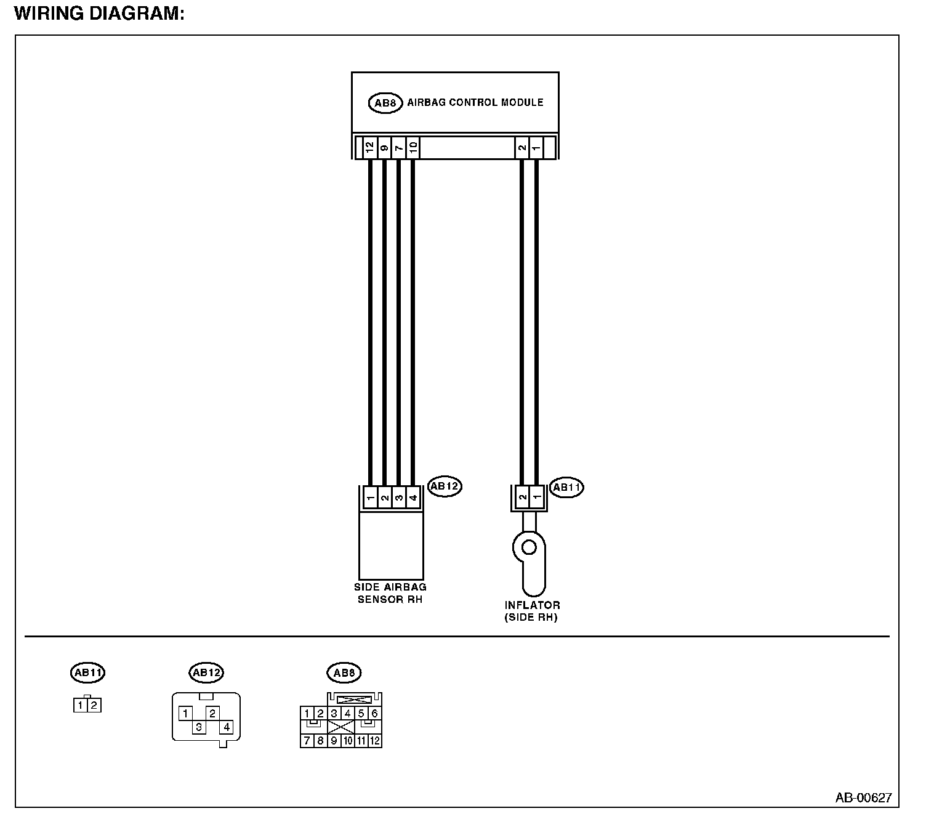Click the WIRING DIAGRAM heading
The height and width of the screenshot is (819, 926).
pyautogui.click(x=99, y=13)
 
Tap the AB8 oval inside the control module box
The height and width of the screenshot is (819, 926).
pyautogui.click(x=385, y=103)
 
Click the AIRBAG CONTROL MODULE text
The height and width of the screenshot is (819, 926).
pyautogui.click(x=475, y=102)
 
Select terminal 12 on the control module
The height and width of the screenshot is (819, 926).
pyautogui.click(x=369, y=148)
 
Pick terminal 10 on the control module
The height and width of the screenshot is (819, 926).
pyautogui.click(x=413, y=148)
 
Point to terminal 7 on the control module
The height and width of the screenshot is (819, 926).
pyautogui.click(x=398, y=148)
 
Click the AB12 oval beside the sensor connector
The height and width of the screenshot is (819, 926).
pyautogui.click(x=445, y=486)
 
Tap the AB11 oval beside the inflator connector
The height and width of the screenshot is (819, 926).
pyautogui.click(x=566, y=488)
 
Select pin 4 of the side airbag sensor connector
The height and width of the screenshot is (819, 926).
pyautogui.click(x=413, y=498)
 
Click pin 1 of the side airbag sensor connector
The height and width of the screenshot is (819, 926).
pyautogui.click(x=370, y=498)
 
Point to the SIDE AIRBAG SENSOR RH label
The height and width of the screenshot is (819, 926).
pyautogui.click(x=390, y=593)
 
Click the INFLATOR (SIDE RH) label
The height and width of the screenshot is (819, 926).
pyautogui.click(x=532, y=611)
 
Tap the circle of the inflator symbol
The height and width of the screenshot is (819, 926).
pyautogui.click(x=528, y=546)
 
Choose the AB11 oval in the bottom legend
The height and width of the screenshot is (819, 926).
pyautogui.click(x=87, y=673)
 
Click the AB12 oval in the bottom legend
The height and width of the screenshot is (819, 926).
pyautogui.click(x=206, y=673)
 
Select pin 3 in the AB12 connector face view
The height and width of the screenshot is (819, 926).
pyautogui.click(x=199, y=727)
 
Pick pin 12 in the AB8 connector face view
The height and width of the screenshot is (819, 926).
pyautogui.click(x=375, y=741)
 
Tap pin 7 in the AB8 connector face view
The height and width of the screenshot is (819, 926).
pyautogui.click(x=307, y=741)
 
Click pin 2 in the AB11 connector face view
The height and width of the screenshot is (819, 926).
pyautogui.click(x=94, y=706)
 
